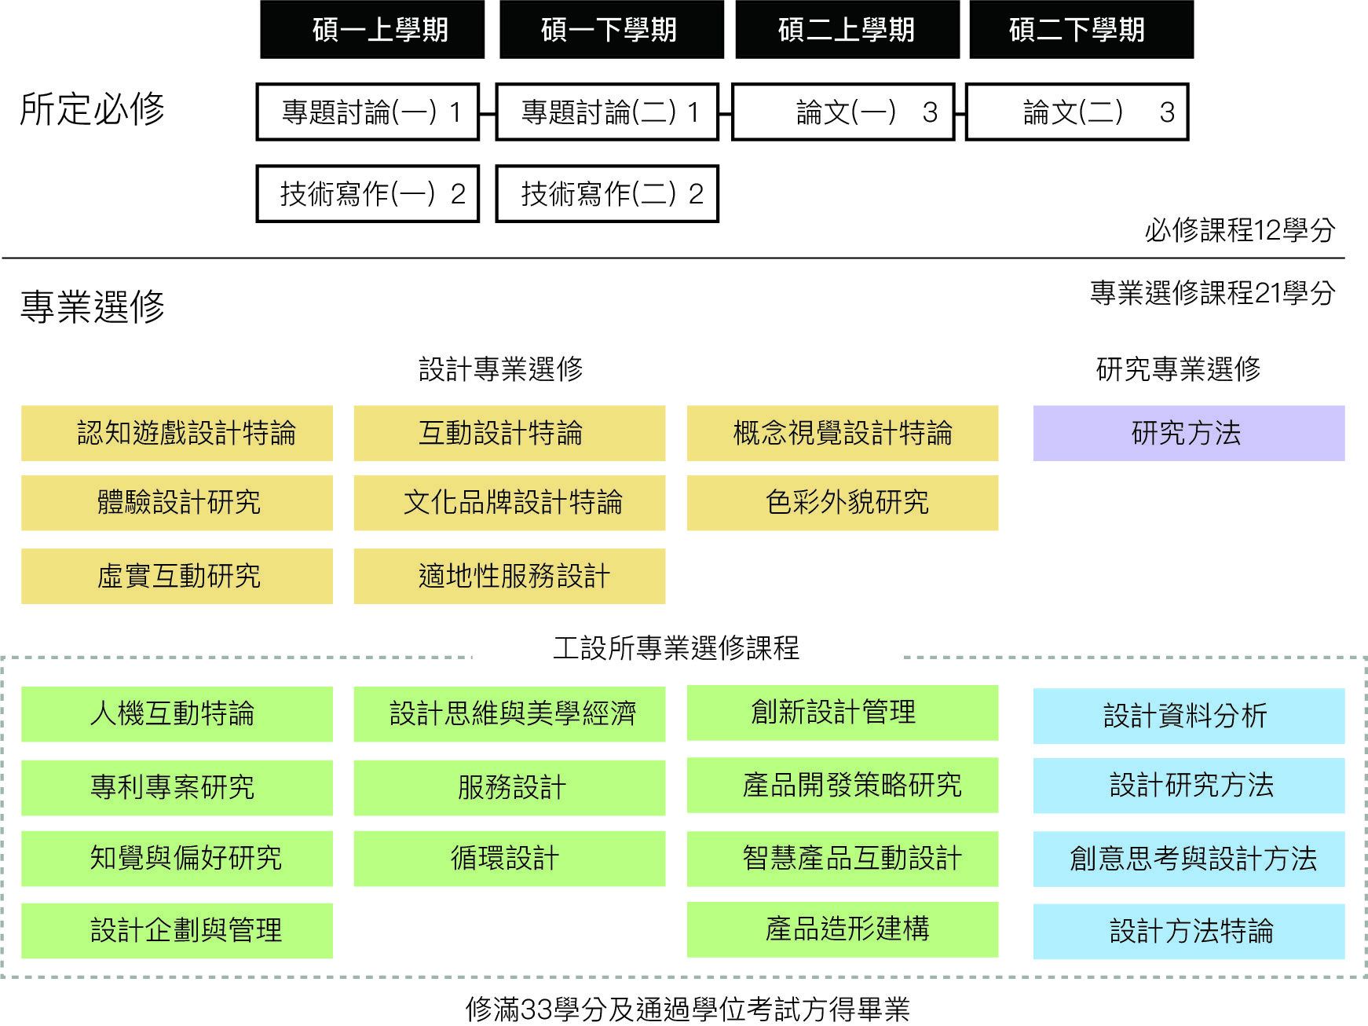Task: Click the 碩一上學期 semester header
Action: (x=372, y=30)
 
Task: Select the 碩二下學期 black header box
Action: (x=1081, y=30)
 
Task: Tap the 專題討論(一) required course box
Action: (x=368, y=112)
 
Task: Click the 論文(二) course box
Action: (x=1077, y=112)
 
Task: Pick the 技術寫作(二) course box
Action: (x=607, y=194)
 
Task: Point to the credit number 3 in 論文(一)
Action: (x=930, y=113)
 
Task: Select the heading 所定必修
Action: (x=93, y=109)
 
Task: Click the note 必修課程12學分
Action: (x=1240, y=230)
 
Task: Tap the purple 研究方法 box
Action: (x=1189, y=433)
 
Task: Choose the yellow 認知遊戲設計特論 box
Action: (x=177, y=433)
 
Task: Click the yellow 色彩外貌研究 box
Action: (x=843, y=503)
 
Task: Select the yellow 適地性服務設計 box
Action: (x=510, y=576)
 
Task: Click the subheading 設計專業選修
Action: (x=501, y=368)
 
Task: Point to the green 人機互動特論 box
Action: (x=177, y=714)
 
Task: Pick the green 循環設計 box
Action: (x=510, y=859)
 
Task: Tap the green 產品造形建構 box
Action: (x=843, y=930)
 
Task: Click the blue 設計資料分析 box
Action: (x=1189, y=716)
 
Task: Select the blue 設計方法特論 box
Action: (x=1189, y=932)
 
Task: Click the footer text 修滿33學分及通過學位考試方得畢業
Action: (x=688, y=1010)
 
